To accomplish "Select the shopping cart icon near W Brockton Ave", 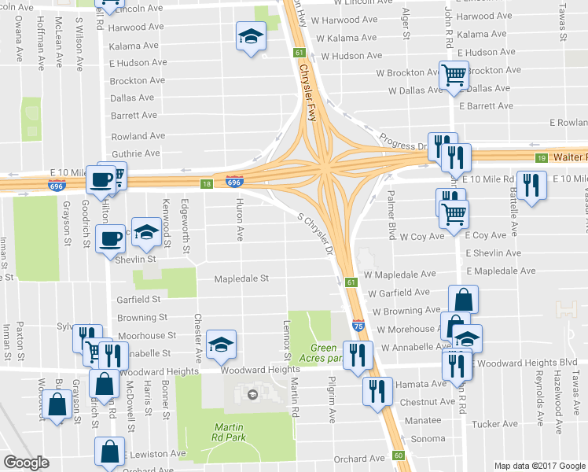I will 454,76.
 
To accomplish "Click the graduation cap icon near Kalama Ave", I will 251,36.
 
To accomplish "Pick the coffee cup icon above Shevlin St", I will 110,238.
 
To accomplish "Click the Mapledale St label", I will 242,278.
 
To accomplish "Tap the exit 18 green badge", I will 206,183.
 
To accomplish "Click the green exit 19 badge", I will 541,158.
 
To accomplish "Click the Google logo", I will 27,463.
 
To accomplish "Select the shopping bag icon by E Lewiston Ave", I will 110,452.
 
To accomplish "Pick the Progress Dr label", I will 402,141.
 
